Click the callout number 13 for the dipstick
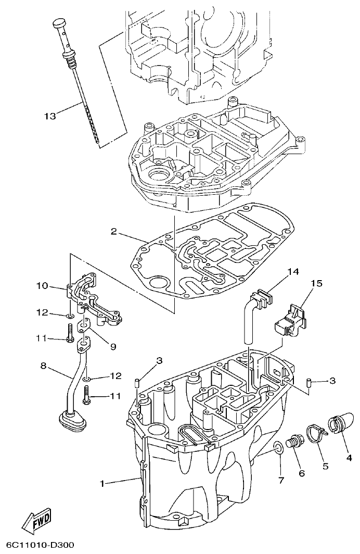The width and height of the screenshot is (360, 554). (x=50, y=116)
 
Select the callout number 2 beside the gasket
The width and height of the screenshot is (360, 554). (x=114, y=231)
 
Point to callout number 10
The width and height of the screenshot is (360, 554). (x=42, y=285)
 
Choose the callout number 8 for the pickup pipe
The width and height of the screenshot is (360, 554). (x=44, y=366)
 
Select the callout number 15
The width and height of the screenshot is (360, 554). (x=317, y=283)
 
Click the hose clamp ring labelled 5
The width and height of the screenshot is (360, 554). (x=315, y=432)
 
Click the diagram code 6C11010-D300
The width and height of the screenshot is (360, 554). (x=37, y=545)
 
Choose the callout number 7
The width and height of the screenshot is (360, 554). (x=281, y=480)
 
